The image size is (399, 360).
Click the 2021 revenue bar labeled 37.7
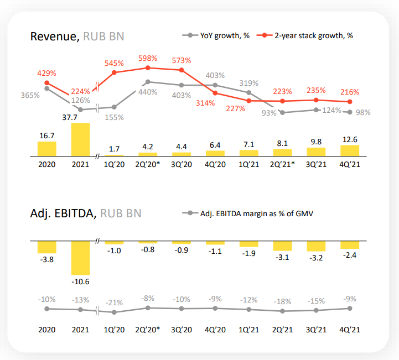pyautogui.click(x=80, y=140)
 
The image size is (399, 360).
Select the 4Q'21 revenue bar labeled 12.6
pyautogui.click(x=350, y=150)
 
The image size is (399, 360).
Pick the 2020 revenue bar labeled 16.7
pyautogui.click(x=46, y=149)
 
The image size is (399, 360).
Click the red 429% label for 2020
pyautogui.click(x=46, y=73)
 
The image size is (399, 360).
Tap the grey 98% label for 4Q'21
pyautogui.click(x=362, y=112)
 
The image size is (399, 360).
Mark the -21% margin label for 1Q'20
pyautogui.click(x=115, y=302)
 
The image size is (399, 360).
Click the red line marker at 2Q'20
pyautogui.click(x=148, y=68)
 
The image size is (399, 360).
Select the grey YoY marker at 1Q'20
pyautogui.click(x=115, y=107)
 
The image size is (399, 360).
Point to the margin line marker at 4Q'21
pyautogui.click(x=350, y=309)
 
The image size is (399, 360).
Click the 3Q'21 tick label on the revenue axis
pyautogui.click(x=316, y=164)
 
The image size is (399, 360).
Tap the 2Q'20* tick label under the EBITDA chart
pyautogui.click(x=148, y=330)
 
